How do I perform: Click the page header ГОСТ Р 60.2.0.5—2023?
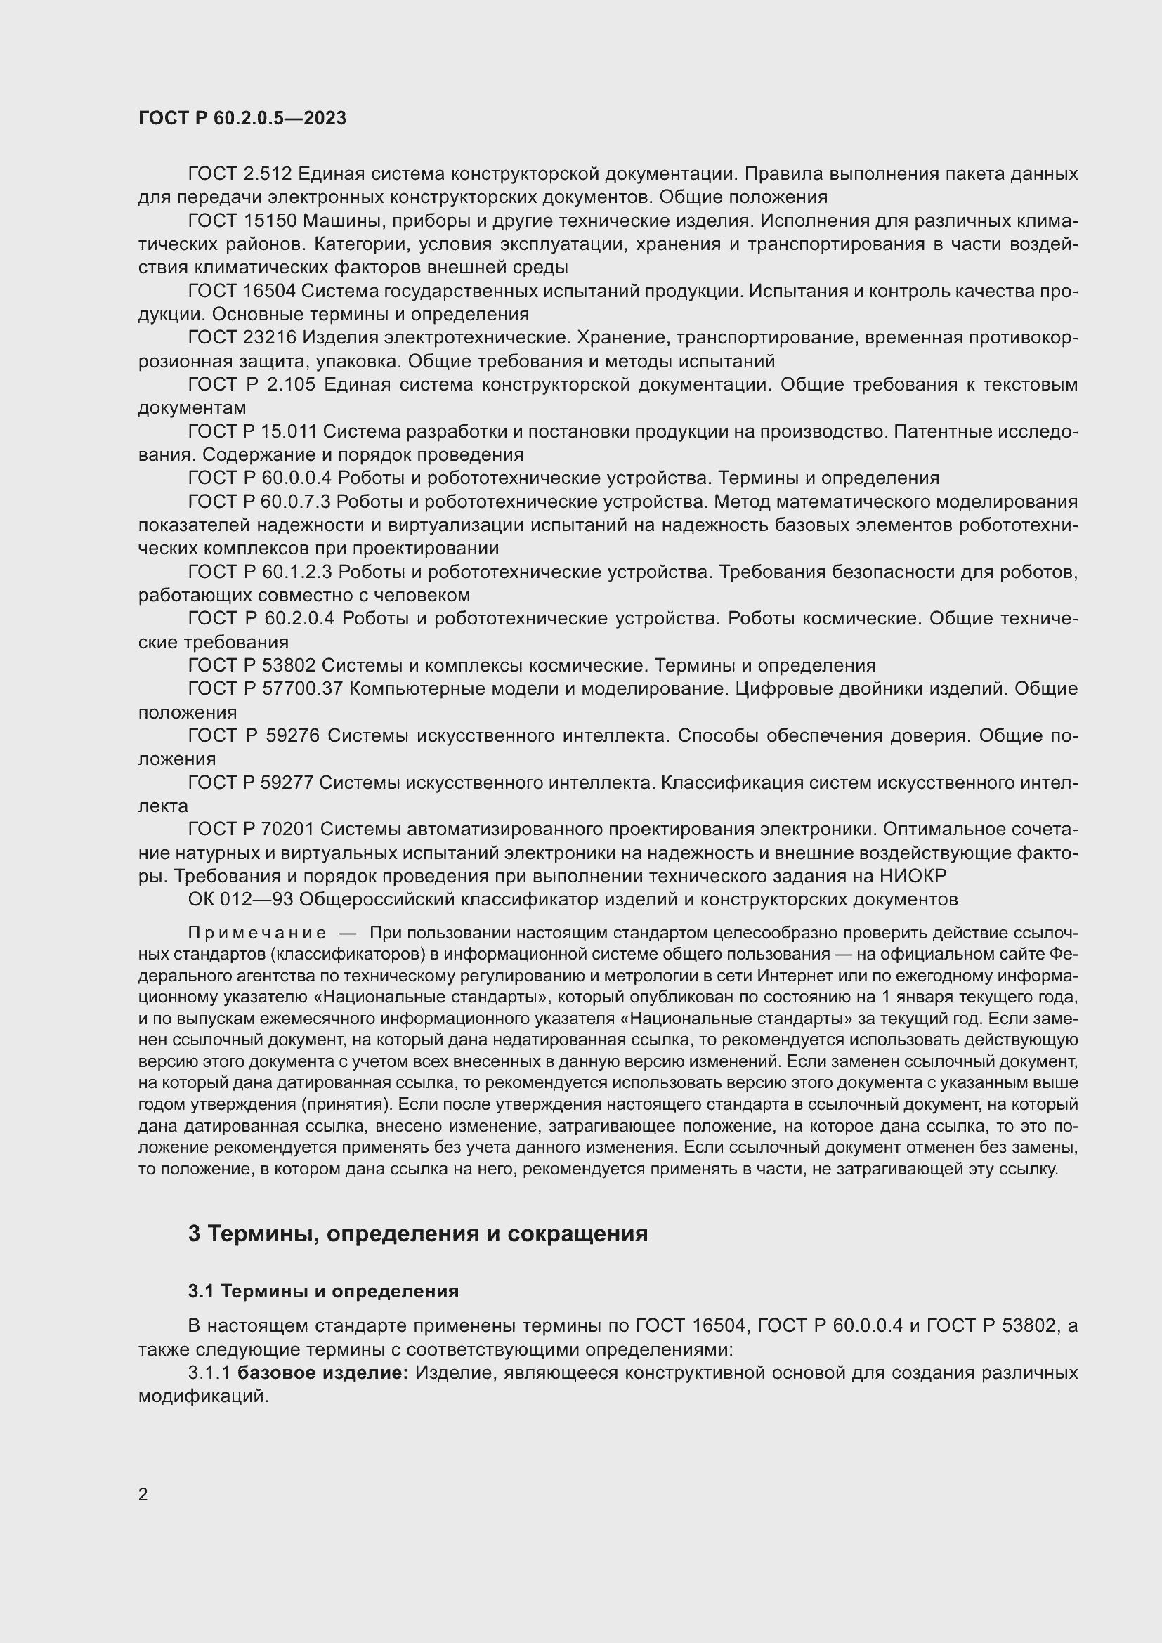pyautogui.click(x=242, y=118)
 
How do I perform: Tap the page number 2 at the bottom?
pyautogui.click(x=143, y=1494)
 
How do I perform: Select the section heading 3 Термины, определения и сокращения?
pyautogui.click(x=418, y=1233)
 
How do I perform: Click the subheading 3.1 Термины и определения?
pyautogui.click(x=322, y=1291)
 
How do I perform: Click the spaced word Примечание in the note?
pyautogui.click(x=257, y=933)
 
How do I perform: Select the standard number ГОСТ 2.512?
pyautogui.click(x=240, y=174)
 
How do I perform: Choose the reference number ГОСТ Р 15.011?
pyautogui.click(x=253, y=431)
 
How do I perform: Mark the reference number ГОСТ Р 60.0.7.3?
pyautogui.click(x=260, y=502)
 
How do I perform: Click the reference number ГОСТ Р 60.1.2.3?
pyautogui.click(x=260, y=572)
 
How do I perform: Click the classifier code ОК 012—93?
pyautogui.click(x=240, y=899)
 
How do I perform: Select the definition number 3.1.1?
pyautogui.click(x=209, y=1373)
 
